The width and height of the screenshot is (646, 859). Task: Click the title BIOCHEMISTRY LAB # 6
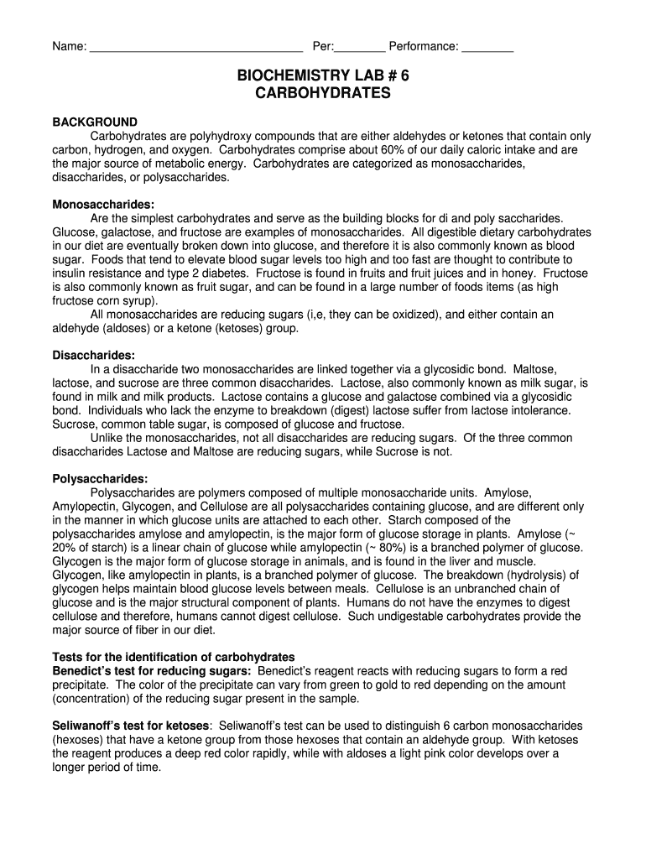pyautogui.click(x=322, y=76)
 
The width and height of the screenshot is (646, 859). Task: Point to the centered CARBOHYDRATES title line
pyautogui.click(x=322, y=93)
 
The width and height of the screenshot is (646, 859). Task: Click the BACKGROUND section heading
pyautogui.click(x=95, y=122)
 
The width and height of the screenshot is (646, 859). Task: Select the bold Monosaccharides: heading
pyautogui.click(x=103, y=205)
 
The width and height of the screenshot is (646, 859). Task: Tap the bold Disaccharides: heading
pyautogui.click(x=94, y=356)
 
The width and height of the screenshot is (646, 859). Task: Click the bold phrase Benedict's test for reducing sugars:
pyautogui.click(x=152, y=671)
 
